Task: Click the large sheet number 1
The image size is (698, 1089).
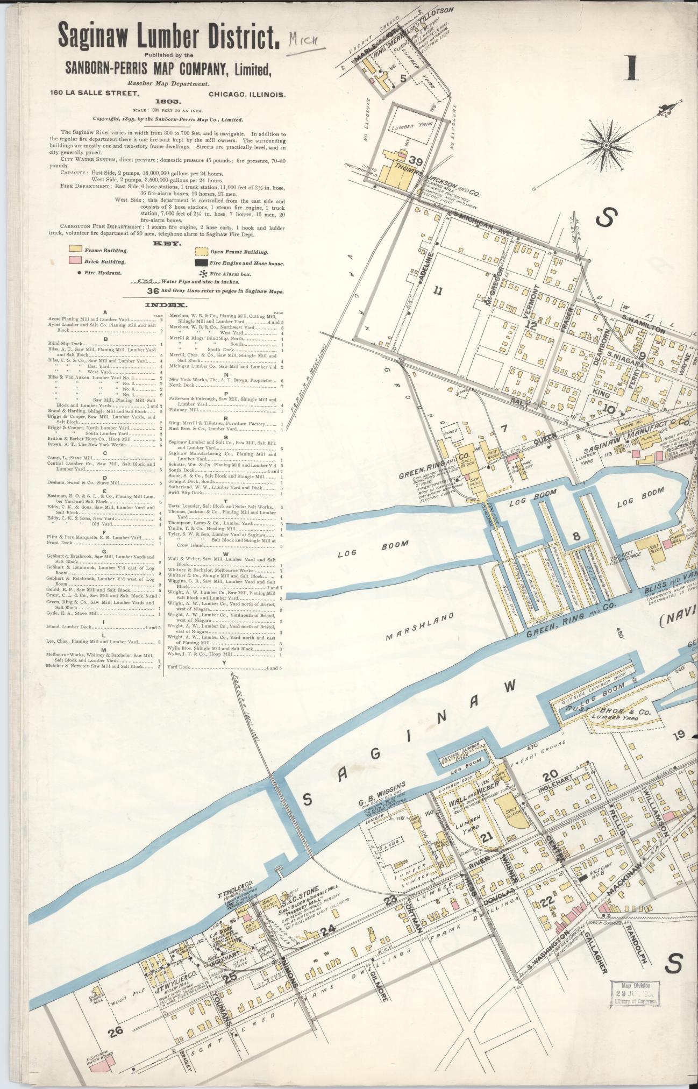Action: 631,68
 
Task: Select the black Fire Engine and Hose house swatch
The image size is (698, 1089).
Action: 201,263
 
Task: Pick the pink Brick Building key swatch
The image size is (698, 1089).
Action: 75,261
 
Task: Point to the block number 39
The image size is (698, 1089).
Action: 415,160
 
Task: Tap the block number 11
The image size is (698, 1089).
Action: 438,291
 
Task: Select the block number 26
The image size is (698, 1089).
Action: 116,1030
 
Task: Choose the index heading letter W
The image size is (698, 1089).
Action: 225,554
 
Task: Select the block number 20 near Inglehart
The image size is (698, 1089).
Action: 550,776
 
